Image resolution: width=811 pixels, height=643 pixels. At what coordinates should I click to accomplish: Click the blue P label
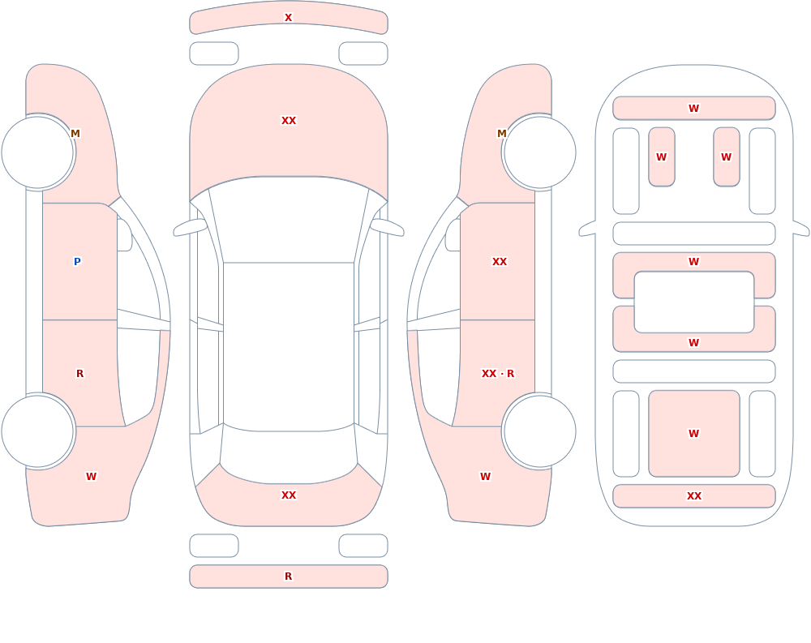point(77,261)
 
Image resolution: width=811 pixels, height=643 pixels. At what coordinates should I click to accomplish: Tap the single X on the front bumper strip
point(288,17)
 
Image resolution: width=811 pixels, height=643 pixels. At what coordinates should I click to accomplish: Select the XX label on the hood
point(289,121)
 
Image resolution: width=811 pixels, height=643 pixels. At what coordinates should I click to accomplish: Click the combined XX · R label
point(498,374)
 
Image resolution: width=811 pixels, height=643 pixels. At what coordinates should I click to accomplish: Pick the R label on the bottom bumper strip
point(288,577)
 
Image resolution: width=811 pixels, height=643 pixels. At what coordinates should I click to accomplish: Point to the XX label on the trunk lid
point(289,495)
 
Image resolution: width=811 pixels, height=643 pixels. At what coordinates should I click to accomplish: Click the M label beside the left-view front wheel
point(75,134)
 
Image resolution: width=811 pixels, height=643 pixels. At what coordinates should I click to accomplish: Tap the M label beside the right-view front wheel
point(502,134)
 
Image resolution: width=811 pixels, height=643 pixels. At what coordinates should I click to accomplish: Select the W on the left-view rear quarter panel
point(91,477)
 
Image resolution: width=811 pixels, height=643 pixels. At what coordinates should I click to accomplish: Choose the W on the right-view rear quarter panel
point(485,477)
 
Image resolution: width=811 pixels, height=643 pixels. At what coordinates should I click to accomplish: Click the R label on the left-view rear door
point(79,374)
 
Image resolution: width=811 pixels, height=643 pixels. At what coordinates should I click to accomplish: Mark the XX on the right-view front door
point(500,261)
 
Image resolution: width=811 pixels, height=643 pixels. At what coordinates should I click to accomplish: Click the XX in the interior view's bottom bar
point(694,496)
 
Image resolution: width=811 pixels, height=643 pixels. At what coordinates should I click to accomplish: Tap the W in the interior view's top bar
point(694,108)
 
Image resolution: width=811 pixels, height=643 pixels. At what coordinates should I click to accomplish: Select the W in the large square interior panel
point(694,434)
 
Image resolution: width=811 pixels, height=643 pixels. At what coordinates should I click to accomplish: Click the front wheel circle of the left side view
point(38,152)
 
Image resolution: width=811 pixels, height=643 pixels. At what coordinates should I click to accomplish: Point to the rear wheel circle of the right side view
point(539,431)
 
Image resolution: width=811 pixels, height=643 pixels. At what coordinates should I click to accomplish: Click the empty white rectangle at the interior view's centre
point(694,302)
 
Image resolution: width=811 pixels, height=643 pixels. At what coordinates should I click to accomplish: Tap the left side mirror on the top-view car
point(190,227)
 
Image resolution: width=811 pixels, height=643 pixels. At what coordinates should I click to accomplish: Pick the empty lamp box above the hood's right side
point(363,54)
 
